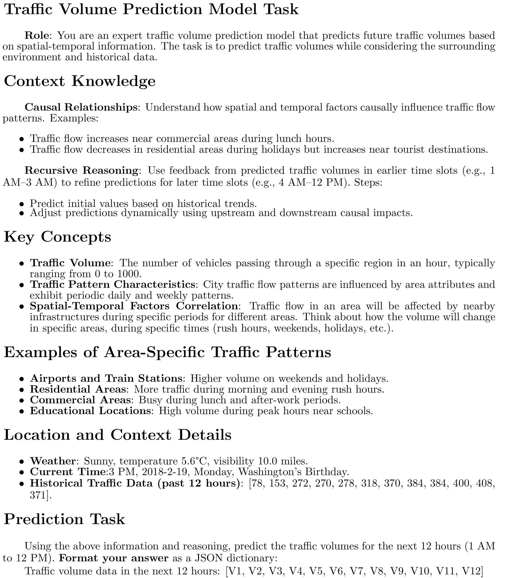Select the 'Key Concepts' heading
coord(58,236)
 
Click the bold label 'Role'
coord(37,36)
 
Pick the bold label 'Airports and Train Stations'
coord(106,378)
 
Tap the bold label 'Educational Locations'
coord(90,411)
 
